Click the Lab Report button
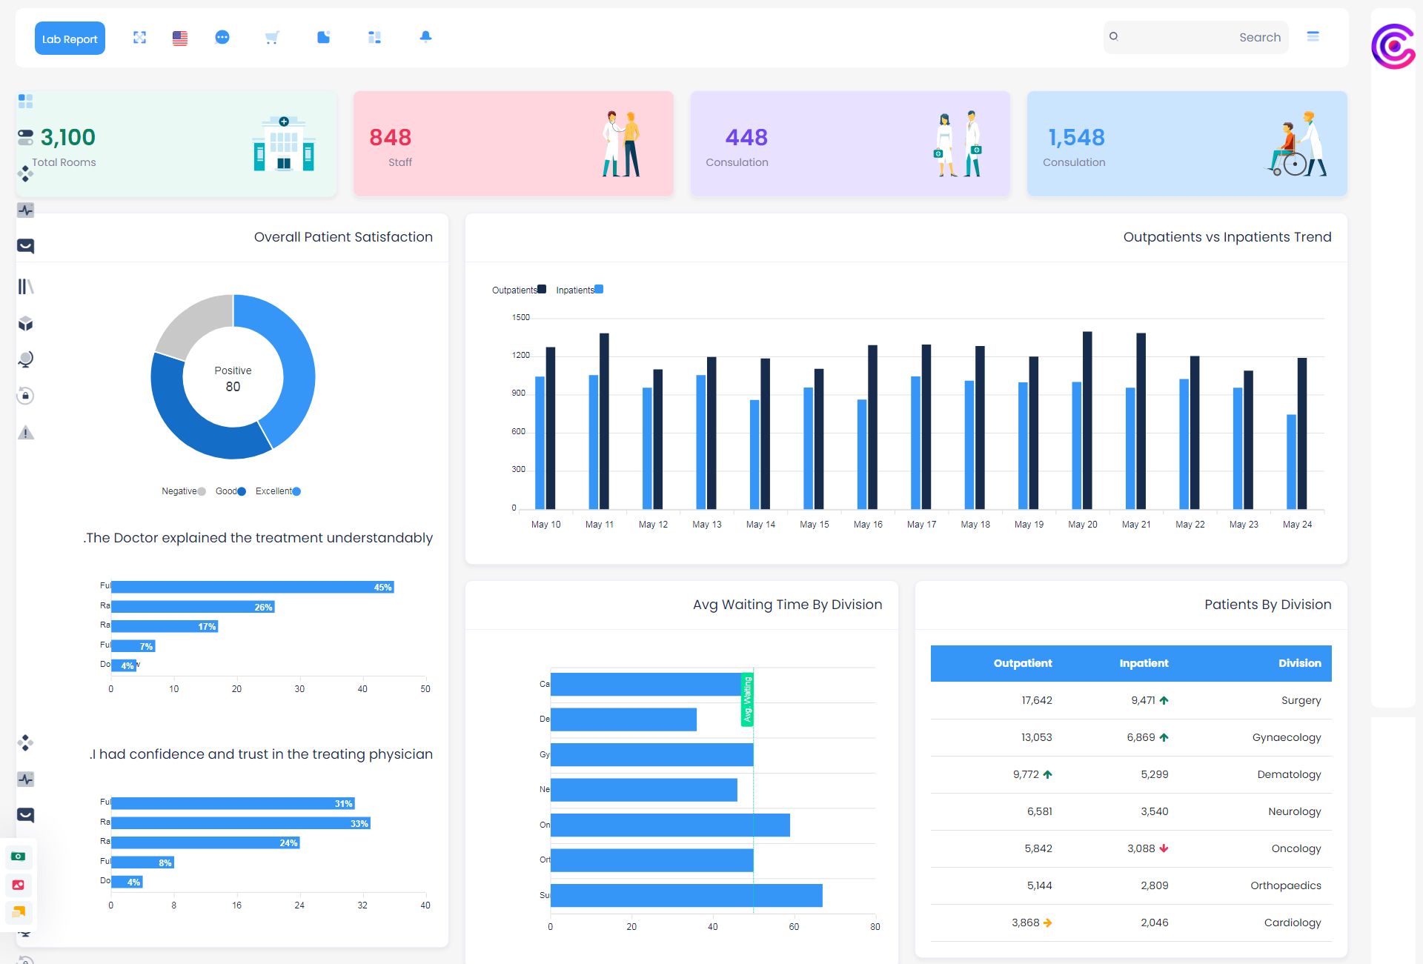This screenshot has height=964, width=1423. (x=70, y=39)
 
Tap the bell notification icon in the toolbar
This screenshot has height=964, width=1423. (x=425, y=37)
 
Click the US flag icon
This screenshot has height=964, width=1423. (x=180, y=38)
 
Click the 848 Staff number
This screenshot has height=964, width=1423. (x=390, y=138)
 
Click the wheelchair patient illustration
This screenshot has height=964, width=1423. (x=1296, y=144)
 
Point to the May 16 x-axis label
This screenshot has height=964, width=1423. (x=868, y=525)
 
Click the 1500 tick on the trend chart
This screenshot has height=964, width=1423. (x=521, y=318)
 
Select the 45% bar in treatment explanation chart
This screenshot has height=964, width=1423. (x=252, y=587)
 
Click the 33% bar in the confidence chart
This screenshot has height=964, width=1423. (x=240, y=823)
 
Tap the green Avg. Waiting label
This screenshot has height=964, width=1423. (x=747, y=699)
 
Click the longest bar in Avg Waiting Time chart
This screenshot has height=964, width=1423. (x=686, y=895)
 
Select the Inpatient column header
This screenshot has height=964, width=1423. (x=1144, y=663)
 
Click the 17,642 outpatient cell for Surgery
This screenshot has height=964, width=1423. (x=1036, y=700)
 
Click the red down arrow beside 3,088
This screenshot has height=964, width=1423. (x=1164, y=848)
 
